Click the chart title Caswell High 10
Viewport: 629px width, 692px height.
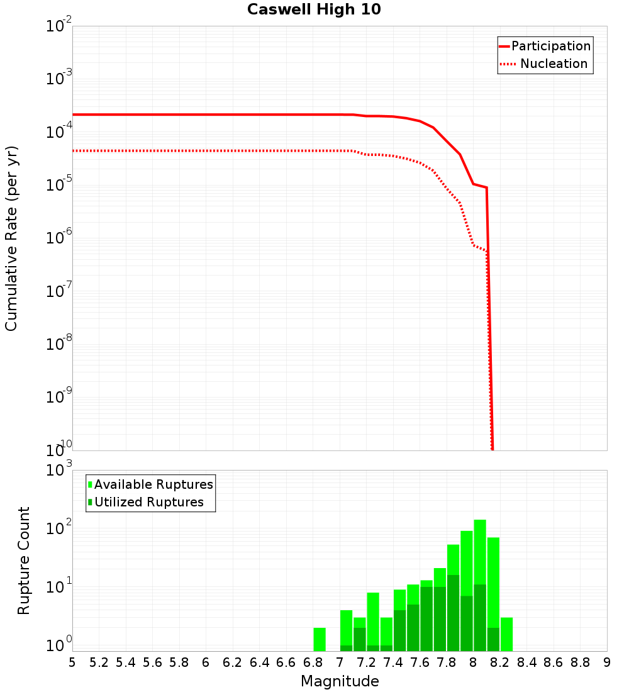pyautogui.click(x=314, y=9)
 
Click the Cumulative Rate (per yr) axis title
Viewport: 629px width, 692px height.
pyautogui.click(x=11, y=238)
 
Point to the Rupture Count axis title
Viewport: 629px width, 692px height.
pyautogui.click(x=24, y=560)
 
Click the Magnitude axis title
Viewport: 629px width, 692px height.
pyautogui.click(x=340, y=681)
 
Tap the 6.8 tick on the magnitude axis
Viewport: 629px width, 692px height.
pyautogui.click(x=313, y=662)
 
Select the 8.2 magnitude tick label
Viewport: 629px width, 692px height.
pyautogui.click(x=500, y=662)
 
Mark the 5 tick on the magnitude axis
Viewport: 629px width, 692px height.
pyautogui.click(x=72, y=662)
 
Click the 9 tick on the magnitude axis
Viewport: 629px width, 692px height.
pyautogui.click(x=607, y=662)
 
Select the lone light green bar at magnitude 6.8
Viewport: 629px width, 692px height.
pyautogui.click(x=320, y=639)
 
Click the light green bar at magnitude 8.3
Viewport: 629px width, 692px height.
pyautogui.click(x=506, y=634)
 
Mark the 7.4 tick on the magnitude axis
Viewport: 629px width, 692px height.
pyautogui.click(x=393, y=662)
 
